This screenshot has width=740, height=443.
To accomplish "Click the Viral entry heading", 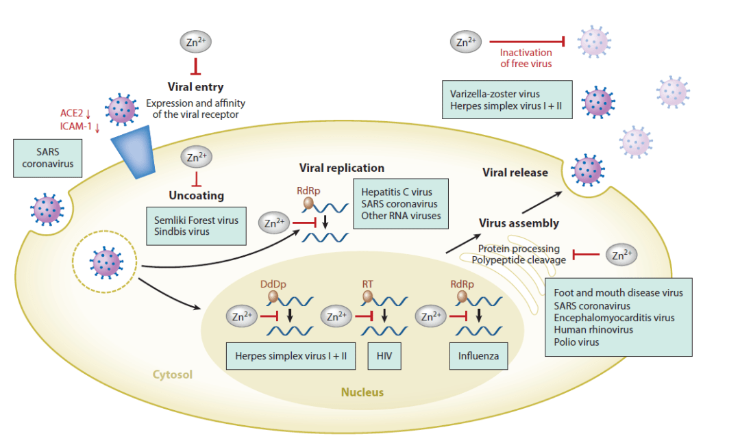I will [195, 87].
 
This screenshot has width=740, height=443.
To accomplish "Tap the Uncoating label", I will [196, 196].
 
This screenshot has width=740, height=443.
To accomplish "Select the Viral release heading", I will [515, 173].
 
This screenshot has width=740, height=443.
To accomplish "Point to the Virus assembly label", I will [519, 223].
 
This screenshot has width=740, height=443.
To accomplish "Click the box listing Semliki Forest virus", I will [196, 227].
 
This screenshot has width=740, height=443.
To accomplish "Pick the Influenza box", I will [478, 356].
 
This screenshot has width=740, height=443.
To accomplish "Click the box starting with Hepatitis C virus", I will [402, 204].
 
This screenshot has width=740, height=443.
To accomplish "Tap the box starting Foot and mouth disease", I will [618, 317].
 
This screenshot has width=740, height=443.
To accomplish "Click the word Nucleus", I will [362, 392].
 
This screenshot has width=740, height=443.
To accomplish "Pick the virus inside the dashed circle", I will [106, 262].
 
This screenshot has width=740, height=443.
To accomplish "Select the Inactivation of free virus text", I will [526, 58].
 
